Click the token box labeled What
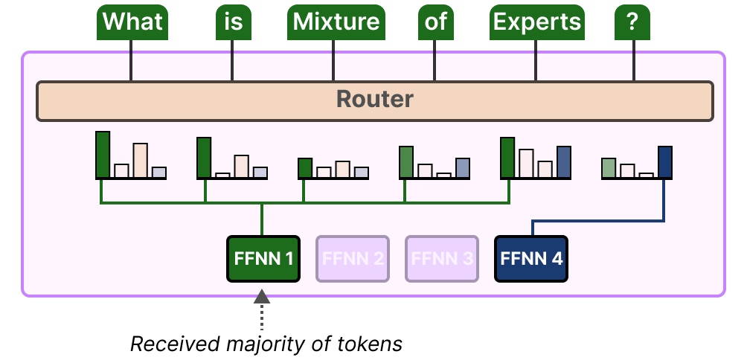click(x=132, y=22)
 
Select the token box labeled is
click(x=233, y=22)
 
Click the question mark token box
click(x=633, y=22)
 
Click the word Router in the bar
click(x=374, y=99)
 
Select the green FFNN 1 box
click(x=263, y=259)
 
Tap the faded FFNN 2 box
click(x=352, y=259)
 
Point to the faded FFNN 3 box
click(x=441, y=259)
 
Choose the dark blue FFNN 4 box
click(x=530, y=259)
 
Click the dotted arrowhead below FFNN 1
click(x=262, y=297)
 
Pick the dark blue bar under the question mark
click(x=664, y=162)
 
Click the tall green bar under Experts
click(x=507, y=158)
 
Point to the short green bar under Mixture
click(x=304, y=168)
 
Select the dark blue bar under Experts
click(x=563, y=162)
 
